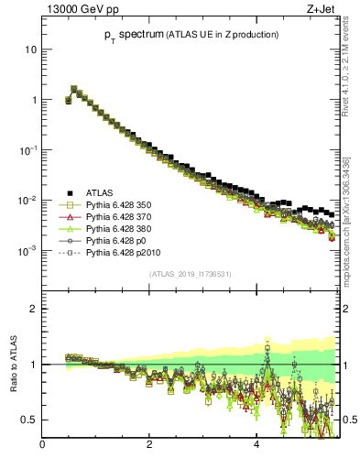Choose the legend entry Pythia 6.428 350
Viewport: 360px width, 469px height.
coord(123,206)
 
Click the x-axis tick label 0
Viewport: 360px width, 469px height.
coord(42,446)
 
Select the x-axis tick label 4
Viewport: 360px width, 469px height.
coord(256,446)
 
